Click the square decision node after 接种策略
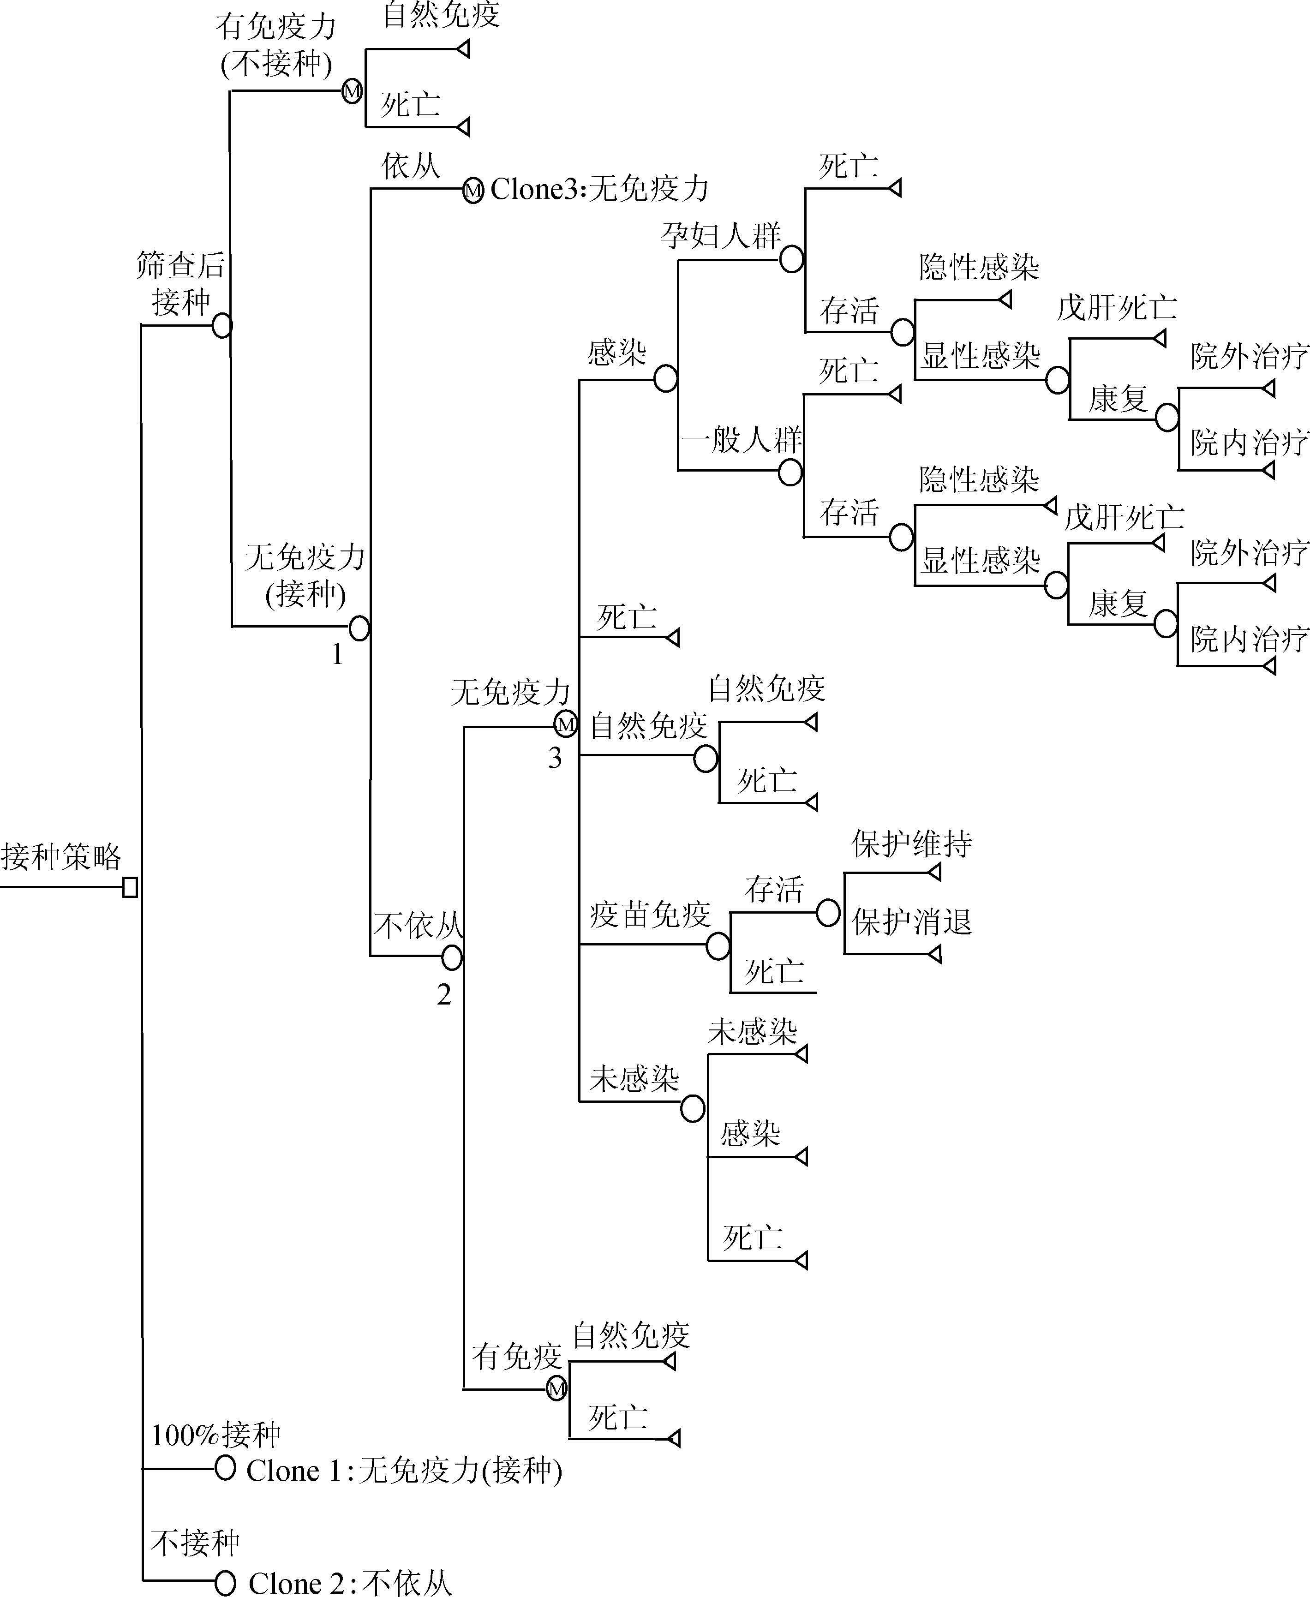click(130, 888)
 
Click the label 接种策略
click(61, 856)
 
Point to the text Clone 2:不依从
click(349, 1583)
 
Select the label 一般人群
click(742, 439)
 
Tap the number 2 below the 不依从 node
click(444, 995)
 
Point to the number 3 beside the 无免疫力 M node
click(555, 758)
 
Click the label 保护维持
click(912, 844)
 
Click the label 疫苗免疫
click(650, 915)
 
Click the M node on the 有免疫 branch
click(556, 1389)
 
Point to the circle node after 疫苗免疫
click(718, 945)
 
